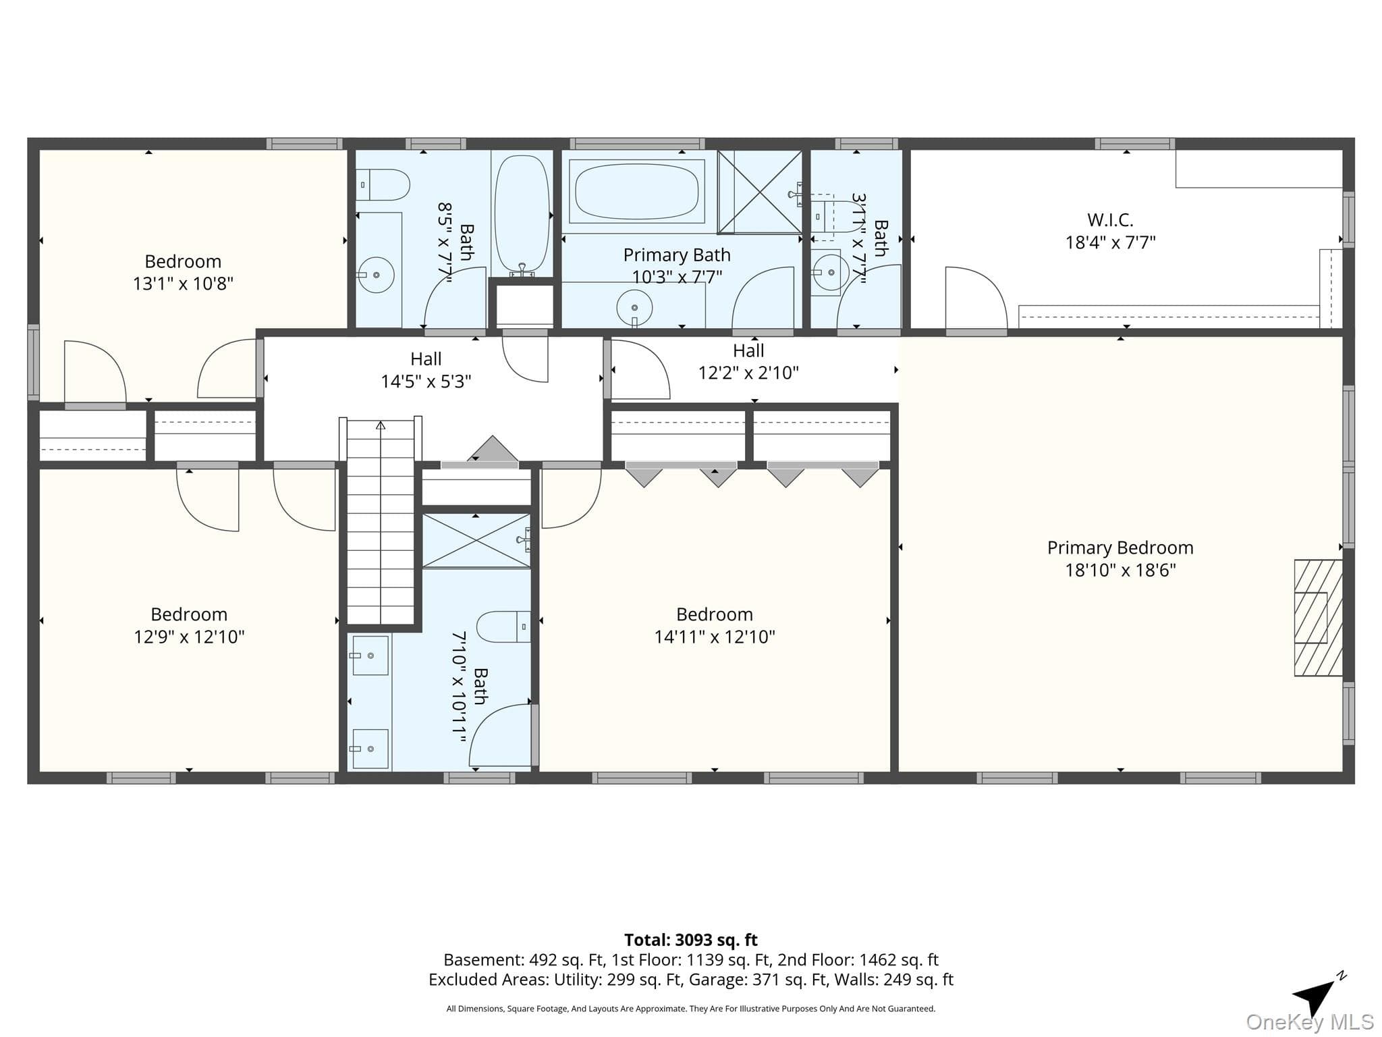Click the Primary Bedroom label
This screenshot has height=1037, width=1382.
tap(1120, 548)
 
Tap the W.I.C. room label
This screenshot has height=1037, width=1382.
tap(1110, 220)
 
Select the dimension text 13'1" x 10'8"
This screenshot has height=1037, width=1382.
tap(183, 284)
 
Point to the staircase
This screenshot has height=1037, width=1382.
tap(381, 523)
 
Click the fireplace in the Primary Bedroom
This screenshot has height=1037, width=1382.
tap(1318, 618)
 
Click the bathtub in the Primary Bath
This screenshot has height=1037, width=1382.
tap(636, 191)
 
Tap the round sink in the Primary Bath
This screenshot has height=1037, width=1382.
tap(634, 308)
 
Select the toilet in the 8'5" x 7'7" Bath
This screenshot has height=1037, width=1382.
tap(382, 184)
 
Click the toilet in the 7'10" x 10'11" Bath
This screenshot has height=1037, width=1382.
tap(503, 627)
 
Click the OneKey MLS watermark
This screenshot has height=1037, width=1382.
tap(1310, 1022)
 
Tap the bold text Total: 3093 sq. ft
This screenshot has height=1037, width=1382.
tap(690, 940)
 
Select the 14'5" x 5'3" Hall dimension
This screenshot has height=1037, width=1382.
tap(426, 381)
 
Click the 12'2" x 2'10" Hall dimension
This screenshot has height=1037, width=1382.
tap(748, 373)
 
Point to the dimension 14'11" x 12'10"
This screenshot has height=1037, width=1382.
tap(715, 637)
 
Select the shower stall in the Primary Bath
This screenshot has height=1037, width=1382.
tap(760, 192)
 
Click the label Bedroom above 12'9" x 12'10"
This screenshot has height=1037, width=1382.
tap(189, 614)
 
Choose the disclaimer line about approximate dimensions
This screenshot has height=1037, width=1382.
tap(690, 1009)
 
